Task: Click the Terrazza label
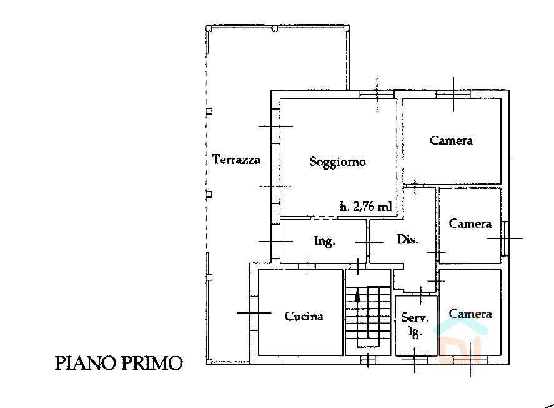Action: pyautogui.click(x=236, y=159)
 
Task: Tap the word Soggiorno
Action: pyautogui.click(x=337, y=161)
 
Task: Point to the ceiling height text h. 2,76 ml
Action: pyautogui.click(x=365, y=207)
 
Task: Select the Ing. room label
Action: pyautogui.click(x=324, y=241)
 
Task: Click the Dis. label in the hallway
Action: pyautogui.click(x=407, y=239)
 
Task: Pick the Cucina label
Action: pyautogui.click(x=304, y=316)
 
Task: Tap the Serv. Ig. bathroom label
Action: pyautogui.click(x=415, y=325)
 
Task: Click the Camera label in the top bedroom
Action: pyautogui.click(x=451, y=140)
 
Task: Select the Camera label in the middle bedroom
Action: pyautogui.click(x=470, y=223)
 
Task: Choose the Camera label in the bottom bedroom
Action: pyautogui.click(x=470, y=314)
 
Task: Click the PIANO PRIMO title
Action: pyautogui.click(x=119, y=363)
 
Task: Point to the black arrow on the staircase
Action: pyautogui.click(x=357, y=295)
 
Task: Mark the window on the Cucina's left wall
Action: pyautogui.click(x=254, y=313)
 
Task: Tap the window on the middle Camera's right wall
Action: pyautogui.click(x=505, y=238)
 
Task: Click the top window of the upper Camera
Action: pyautogui.click(x=453, y=94)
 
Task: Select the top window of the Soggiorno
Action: pyautogui.click(x=377, y=94)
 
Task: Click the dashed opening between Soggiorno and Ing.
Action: pyautogui.click(x=324, y=218)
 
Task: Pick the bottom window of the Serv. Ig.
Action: pyautogui.click(x=415, y=360)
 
